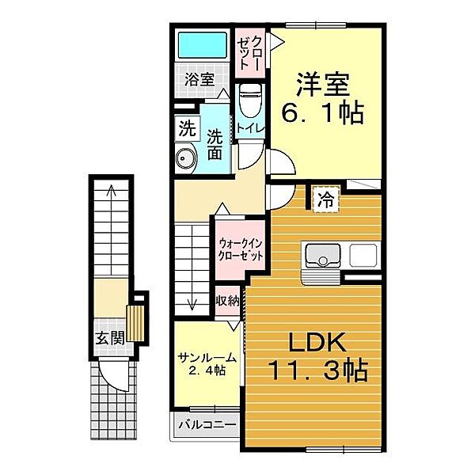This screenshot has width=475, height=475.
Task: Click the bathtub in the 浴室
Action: [x=203, y=45]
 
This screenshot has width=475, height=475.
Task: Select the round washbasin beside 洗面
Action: [x=186, y=158]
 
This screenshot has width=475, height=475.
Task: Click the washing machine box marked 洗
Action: [x=187, y=129]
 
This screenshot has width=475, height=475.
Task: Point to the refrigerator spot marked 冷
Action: [x=325, y=199]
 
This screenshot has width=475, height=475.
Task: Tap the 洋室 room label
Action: [x=323, y=85]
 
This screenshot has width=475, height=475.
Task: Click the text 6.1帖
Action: [x=322, y=113]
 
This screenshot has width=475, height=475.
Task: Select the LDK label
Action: [x=317, y=342]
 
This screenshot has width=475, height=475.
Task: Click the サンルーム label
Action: [x=207, y=358]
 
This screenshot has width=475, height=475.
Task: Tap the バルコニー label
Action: [x=207, y=424]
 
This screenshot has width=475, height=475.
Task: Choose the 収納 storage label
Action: [x=227, y=301]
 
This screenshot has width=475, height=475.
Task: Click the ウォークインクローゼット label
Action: [x=241, y=250]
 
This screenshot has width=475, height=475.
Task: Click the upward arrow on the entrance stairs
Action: [x=112, y=230]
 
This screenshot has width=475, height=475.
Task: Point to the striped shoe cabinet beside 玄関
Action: [x=135, y=323]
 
